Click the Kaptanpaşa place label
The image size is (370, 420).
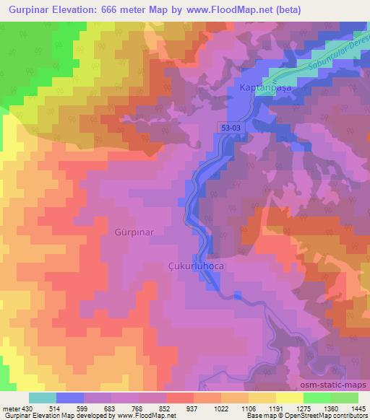tap(262, 87)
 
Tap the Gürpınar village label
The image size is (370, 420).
tap(134, 233)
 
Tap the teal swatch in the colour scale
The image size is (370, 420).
tap(43, 398)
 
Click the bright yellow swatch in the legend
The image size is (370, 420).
tap(290, 398)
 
